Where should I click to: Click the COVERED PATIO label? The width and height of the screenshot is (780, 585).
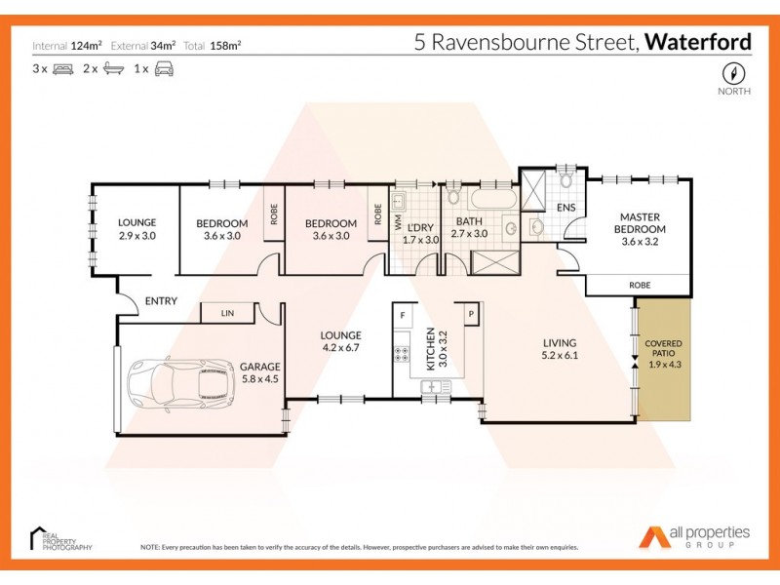[663, 355]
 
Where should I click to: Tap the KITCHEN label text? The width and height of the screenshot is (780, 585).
[429, 351]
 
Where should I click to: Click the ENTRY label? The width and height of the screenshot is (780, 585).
[161, 301]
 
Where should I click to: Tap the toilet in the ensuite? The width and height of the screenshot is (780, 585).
[565, 181]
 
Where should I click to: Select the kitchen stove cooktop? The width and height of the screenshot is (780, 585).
[400, 353]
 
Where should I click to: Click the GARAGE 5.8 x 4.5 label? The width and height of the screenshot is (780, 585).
[260, 373]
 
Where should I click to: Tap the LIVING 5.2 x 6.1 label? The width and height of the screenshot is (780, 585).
[561, 349]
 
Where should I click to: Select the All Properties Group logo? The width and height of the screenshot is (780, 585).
[694, 536]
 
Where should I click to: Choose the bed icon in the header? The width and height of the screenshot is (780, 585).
[63, 69]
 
